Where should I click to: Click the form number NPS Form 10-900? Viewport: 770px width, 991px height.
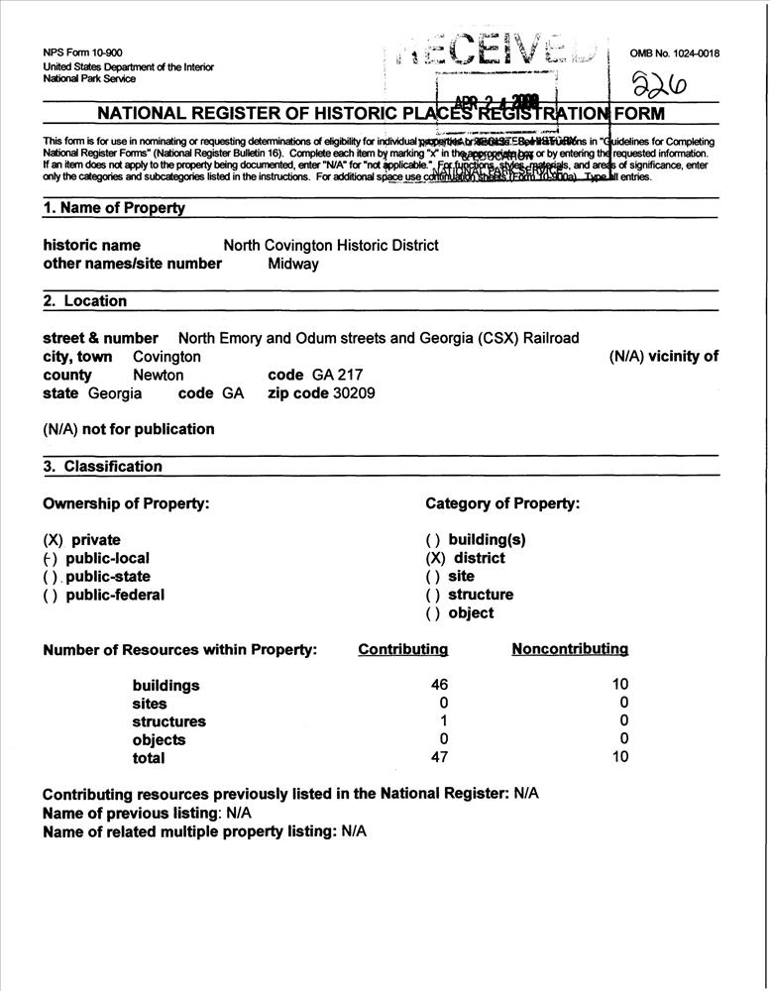point(83,52)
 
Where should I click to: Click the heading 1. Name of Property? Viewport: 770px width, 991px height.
point(114,208)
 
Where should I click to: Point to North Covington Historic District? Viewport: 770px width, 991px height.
point(331,245)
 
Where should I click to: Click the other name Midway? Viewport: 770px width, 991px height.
point(293,264)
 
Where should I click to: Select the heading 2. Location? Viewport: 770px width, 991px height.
point(85,301)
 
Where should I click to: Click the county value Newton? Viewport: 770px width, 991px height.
point(159,375)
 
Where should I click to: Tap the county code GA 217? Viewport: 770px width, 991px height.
point(337,375)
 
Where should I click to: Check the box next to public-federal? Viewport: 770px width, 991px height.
point(54,595)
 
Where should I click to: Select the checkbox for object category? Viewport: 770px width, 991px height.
point(434,612)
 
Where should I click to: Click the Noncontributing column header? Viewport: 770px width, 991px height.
point(570,649)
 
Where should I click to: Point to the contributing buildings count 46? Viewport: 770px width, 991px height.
point(440,685)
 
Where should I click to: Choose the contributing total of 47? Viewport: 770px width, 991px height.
point(440,757)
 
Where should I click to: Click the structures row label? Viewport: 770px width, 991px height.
point(169,721)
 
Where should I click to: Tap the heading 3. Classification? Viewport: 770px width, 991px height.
point(103,466)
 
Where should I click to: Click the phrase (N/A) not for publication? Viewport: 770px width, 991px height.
point(129,429)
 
